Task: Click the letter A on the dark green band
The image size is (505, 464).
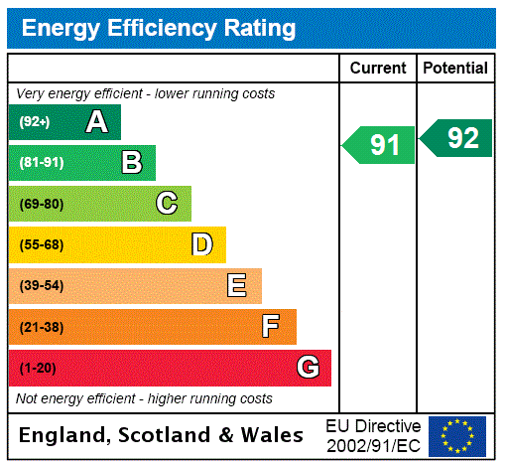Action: click(x=96, y=122)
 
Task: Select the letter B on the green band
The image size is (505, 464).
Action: click(x=132, y=163)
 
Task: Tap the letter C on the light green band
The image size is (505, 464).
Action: click(x=167, y=204)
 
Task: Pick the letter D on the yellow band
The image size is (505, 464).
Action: click(x=201, y=244)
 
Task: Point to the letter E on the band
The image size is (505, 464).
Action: click(x=237, y=286)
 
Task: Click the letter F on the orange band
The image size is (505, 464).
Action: click(x=271, y=327)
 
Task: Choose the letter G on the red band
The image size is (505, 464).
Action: click(x=308, y=368)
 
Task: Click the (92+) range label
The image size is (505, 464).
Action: click(x=34, y=122)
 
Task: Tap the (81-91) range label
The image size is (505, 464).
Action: click(x=41, y=163)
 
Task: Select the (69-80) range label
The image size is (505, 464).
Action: click(x=41, y=204)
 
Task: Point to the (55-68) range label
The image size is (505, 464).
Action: click(x=41, y=244)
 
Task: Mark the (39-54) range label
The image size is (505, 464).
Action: click(x=41, y=286)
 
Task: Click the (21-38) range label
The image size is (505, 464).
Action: click(x=41, y=327)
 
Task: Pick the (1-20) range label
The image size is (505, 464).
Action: click(x=38, y=369)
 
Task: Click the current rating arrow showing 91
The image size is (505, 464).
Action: click(x=379, y=145)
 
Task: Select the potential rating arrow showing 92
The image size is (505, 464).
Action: click(x=457, y=138)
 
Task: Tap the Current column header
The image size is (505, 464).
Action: click(x=378, y=69)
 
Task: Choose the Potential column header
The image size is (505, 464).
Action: click(x=455, y=69)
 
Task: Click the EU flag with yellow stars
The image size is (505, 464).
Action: click(x=457, y=435)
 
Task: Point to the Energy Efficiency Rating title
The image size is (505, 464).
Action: click(x=159, y=29)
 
